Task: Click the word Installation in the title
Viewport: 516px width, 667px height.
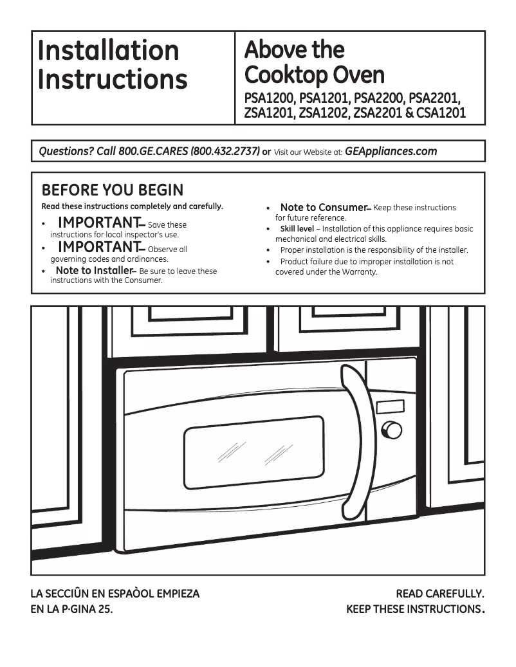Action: tap(108, 50)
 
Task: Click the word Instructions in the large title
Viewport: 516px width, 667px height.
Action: tap(113, 79)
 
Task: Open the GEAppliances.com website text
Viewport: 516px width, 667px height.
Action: tap(391, 152)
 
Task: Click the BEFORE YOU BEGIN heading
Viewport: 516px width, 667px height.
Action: tap(112, 190)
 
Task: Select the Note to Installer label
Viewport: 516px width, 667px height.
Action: tap(95, 271)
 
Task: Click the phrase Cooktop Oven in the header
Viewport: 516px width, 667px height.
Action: tap(315, 75)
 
